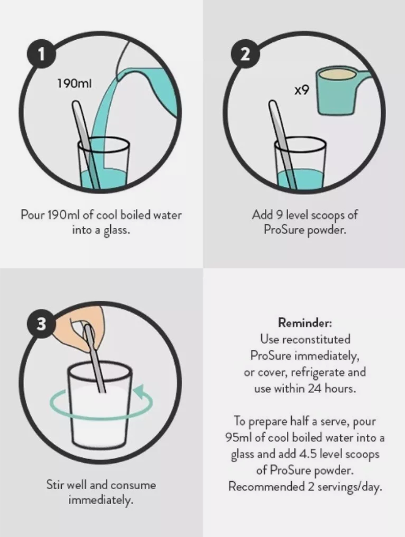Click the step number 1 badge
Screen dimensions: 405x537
[x=42, y=54]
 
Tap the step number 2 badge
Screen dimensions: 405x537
[x=245, y=54]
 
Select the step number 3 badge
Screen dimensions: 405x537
[x=42, y=324]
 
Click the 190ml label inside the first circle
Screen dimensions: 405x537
[x=74, y=83]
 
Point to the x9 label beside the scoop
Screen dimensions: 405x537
[x=302, y=90]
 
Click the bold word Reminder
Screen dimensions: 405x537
[x=305, y=322]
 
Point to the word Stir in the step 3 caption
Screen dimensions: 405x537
[x=55, y=485]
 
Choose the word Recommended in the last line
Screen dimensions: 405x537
[x=266, y=487]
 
